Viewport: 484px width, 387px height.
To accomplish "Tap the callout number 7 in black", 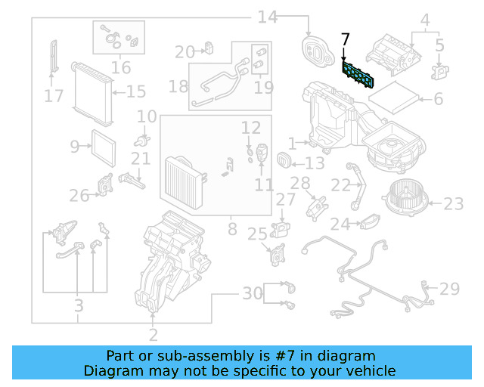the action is click(x=346, y=39).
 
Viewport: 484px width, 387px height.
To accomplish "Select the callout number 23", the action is click(x=453, y=203).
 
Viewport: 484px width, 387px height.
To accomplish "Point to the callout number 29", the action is click(x=449, y=289).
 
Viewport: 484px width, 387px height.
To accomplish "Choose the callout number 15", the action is click(x=135, y=92).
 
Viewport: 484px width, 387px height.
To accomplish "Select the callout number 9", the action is click(x=74, y=146).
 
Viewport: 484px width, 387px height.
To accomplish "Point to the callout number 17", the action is click(x=53, y=96).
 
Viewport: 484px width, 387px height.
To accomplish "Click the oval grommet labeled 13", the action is click(x=285, y=160).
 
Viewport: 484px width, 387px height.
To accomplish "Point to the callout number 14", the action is click(x=268, y=17).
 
